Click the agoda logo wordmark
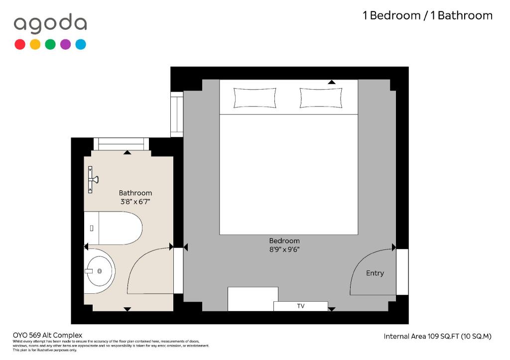click(50, 24)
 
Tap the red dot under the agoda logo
click(20, 44)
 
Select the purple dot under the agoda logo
click(65, 44)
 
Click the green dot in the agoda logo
click(50, 44)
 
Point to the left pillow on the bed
click(255, 98)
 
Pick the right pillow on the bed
click(321, 98)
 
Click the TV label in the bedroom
click(300, 306)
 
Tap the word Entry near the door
click(375, 273)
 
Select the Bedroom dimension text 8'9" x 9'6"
click(284, 249)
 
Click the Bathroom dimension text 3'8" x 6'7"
click(135, 202)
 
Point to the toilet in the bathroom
click(113, 228)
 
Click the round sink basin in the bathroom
click(99, 271)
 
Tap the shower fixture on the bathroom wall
click(93, 180)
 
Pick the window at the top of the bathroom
click(121, 144)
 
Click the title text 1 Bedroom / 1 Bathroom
click(427, 15)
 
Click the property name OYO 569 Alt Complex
click(47, 335)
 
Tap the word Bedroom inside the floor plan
click(284, 240)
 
